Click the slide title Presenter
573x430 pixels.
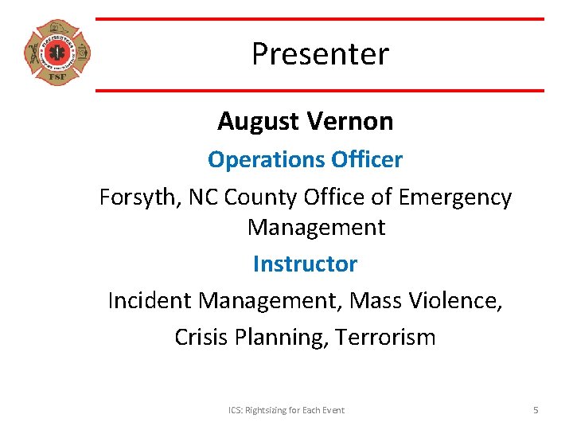320,54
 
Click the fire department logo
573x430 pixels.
57,53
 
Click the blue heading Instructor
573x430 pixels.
305,264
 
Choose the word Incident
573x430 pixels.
149,301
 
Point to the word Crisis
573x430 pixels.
202,338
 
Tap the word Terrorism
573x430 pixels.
385,338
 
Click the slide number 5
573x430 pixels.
536,410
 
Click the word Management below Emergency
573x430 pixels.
316,228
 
